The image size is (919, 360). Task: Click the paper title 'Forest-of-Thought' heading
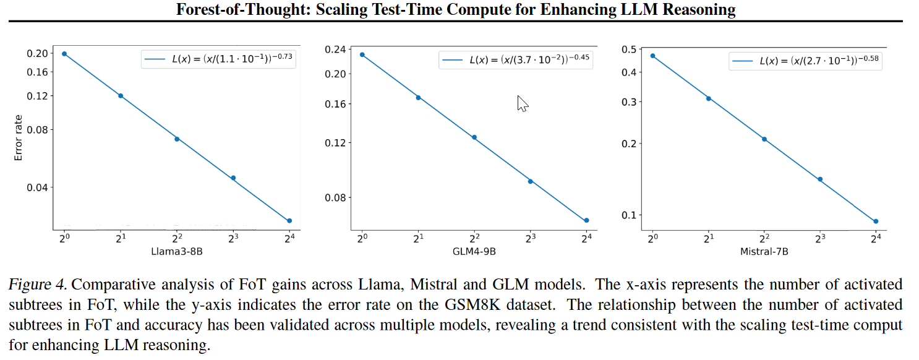(x=456, y=9)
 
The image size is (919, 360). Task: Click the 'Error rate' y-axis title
(x=19, y=138)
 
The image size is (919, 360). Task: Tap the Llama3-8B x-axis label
(x=176, y=251)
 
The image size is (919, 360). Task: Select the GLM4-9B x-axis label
(x=474, y=251)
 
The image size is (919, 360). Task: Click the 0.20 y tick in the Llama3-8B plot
(x=37, y=53)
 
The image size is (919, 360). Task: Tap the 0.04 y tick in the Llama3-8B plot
(x=37, y=187)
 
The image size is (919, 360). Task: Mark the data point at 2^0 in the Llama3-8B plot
(x=64, y=54)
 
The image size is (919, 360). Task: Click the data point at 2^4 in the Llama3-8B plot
(x=289, y=221)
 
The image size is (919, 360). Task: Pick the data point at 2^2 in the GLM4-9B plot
(x=474, y=137)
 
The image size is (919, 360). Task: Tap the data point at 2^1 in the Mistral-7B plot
(x=709, y=98)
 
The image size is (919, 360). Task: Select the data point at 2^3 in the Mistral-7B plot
(x=820, y=179)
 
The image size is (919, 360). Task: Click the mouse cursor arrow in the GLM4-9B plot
(x=522, y=103)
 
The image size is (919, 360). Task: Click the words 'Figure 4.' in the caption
(x=38, y=285)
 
